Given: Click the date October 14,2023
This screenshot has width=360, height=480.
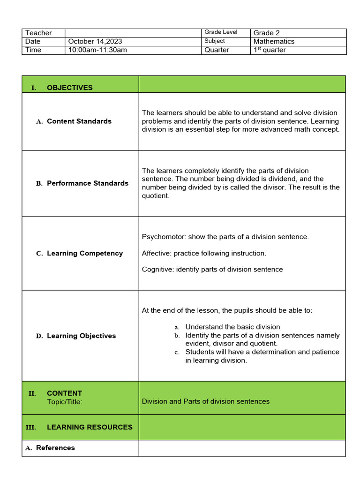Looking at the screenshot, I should pos(95,41).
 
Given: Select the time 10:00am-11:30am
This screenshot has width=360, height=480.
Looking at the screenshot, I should pos(97,50).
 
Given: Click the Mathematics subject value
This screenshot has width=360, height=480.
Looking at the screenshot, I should pos(274,41).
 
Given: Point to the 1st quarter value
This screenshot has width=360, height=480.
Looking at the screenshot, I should pos(269,50).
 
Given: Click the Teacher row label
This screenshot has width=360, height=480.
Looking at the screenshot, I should pos(38,33).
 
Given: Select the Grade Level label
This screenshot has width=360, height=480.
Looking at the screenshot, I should pos(221,32).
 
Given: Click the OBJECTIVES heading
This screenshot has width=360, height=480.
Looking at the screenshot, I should pos(69,88).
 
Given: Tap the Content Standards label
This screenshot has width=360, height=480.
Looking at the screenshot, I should pos(79,121).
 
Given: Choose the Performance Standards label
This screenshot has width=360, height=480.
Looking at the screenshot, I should pos(87,183).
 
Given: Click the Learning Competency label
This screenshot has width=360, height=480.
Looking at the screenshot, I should pos(84,254).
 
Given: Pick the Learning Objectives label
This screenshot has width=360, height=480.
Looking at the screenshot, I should pos(81,336).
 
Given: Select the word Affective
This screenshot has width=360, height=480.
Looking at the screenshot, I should pos(156,254).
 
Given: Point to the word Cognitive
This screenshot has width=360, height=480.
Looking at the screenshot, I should pos(157,270).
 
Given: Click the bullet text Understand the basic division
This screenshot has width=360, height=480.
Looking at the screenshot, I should pos(232,327).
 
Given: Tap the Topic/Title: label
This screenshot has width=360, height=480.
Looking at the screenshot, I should pos(64,402).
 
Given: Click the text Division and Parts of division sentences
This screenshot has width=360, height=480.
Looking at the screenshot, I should pos(206,402).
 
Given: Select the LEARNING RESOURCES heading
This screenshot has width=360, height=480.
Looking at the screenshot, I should pos(89,427).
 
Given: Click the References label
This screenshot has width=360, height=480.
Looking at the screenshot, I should pos(55,448).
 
